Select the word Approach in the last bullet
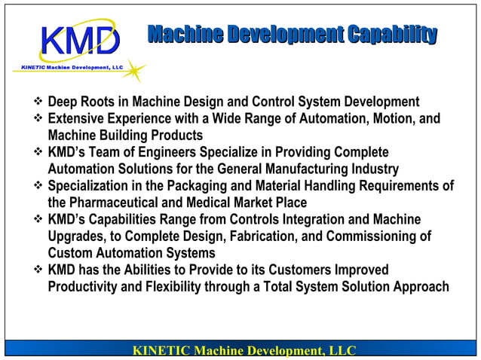pos(422,287)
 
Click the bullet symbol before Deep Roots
pos(38,102)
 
